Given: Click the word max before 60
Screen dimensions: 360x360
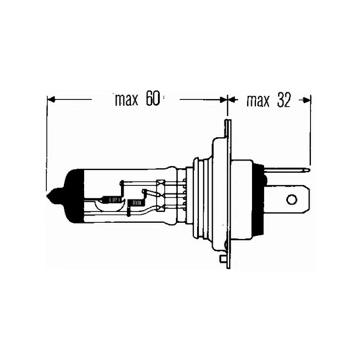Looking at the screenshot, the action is coord(127,100).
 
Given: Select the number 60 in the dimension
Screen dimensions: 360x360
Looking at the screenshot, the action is coord(153,99).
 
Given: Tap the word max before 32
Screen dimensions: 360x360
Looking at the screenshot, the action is coord(258,100).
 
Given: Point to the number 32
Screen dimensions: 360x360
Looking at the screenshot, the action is coord(284,100).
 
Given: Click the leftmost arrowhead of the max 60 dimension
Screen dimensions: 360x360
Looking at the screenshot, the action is coord(50,99).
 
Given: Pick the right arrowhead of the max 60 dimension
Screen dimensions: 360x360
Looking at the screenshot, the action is coord(223,99).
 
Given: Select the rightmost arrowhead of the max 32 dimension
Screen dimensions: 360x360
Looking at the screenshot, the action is coord(307,100).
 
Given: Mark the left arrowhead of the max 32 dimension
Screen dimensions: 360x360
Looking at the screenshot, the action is coord(231,99).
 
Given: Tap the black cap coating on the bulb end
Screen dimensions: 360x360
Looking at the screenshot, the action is coord(73,196).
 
